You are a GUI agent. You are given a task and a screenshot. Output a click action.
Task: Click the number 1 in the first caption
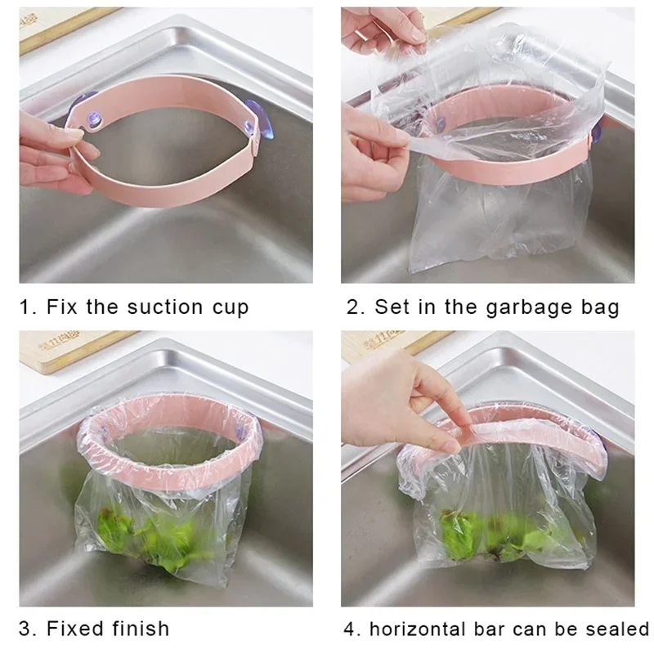[x=25, y=307]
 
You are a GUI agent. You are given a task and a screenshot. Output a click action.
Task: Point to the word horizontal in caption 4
[x=421, y=629]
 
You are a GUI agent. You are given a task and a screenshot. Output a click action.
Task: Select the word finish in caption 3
[x=143, y=629]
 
